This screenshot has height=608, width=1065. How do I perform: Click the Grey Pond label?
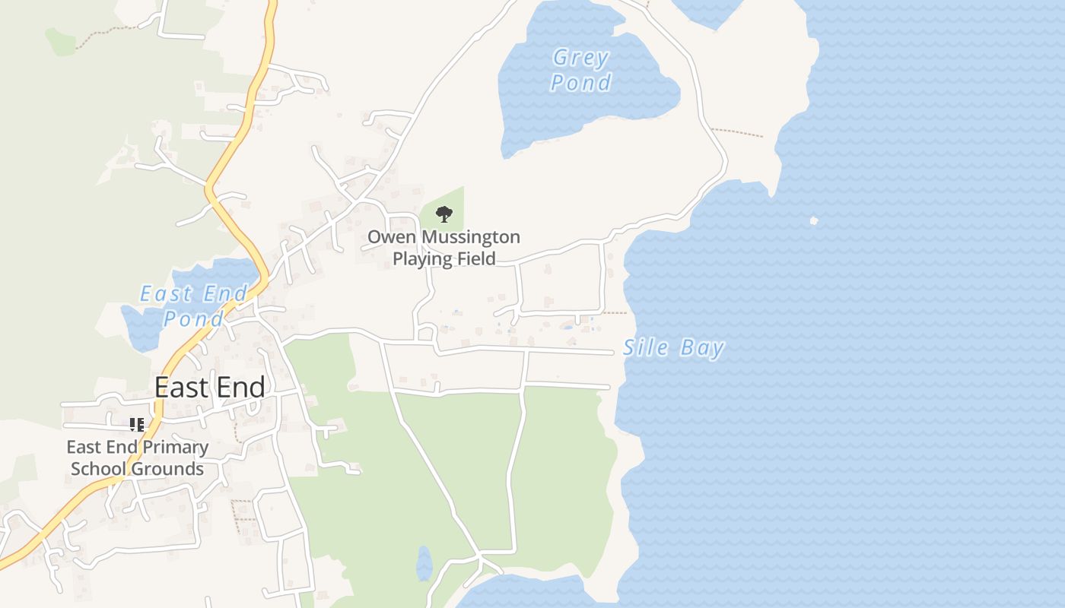tap(581, 70)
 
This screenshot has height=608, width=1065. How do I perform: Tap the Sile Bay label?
tap(673, 348)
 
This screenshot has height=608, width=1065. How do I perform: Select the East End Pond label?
tap(194, 306)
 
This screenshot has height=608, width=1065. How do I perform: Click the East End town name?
tap(210, 388)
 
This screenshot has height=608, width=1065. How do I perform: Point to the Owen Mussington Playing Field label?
tap(444, 248)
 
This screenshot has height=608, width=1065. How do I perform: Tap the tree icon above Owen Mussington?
tap(444, 214)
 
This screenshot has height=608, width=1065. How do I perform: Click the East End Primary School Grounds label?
tap(138, 458)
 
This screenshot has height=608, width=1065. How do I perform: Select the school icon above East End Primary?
tap(137, 425)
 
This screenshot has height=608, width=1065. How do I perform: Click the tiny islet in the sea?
tap(813, 221)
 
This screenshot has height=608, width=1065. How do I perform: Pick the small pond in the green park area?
tap(424, 564)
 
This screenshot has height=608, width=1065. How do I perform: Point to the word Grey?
tap(581, 58)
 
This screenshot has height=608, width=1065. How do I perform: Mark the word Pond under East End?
tap(194, 318)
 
